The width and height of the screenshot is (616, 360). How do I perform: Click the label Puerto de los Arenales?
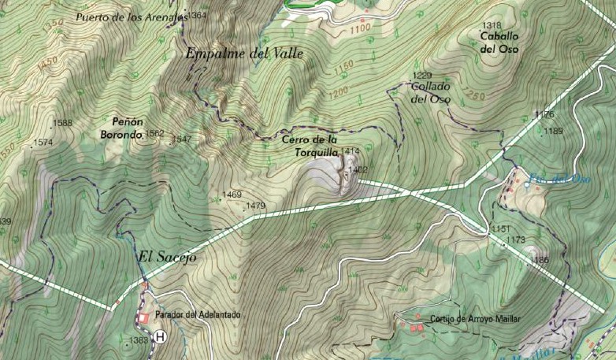pos(131,16)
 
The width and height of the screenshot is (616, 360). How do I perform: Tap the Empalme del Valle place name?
pos(243,54)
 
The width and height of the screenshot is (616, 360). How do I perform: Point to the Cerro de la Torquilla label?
pos(310,146)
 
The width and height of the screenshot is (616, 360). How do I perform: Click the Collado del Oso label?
pos(430,93)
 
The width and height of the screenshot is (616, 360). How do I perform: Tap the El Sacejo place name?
pos(165,258)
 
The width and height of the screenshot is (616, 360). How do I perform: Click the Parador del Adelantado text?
pos(198,315)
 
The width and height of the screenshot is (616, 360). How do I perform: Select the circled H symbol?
pos(161,337)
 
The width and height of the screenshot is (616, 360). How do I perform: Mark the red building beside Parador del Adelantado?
pos(143,317)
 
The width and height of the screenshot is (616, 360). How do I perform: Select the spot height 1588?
pos(63,123)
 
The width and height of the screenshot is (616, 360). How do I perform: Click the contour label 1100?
pos(359,28)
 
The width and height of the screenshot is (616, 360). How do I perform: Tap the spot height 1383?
pos(137,340)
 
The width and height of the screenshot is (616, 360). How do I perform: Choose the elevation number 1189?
pos(553,131)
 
